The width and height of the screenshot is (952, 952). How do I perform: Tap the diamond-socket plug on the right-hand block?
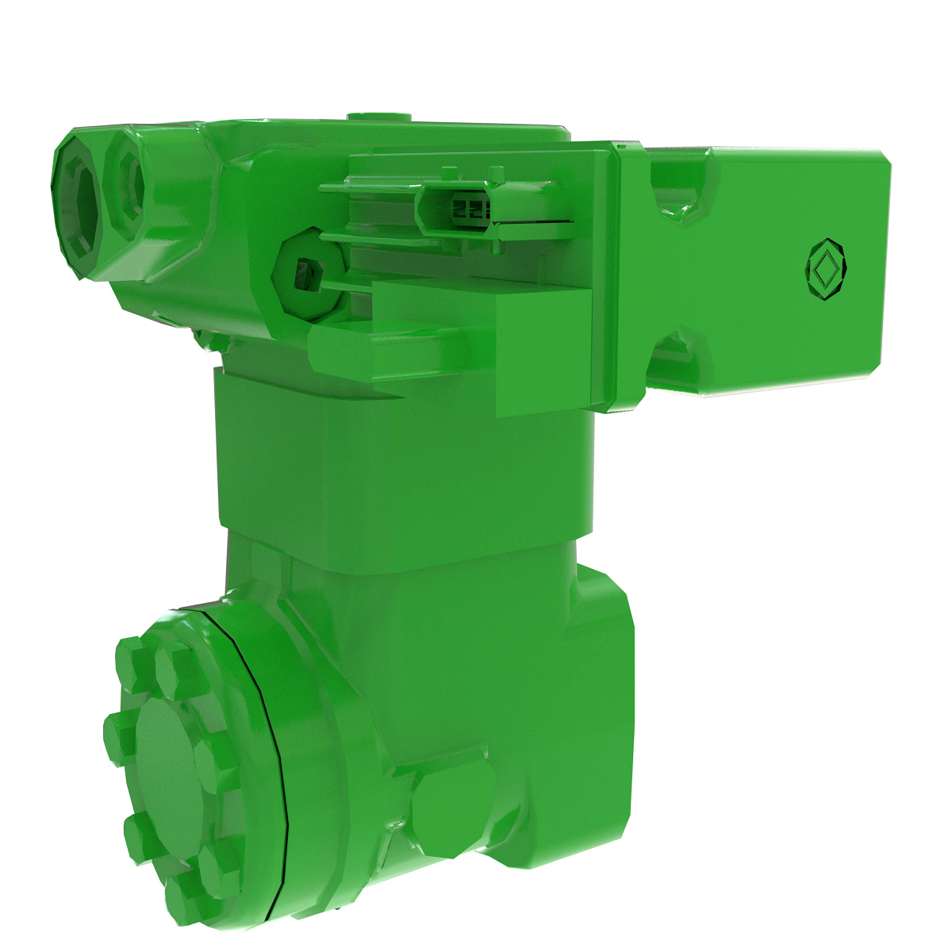(825, 269)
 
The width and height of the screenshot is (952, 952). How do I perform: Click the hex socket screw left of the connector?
(304, 274)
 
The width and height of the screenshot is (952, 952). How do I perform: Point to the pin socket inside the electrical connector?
(468, 209)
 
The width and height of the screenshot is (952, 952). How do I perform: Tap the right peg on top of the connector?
(497, 174)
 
